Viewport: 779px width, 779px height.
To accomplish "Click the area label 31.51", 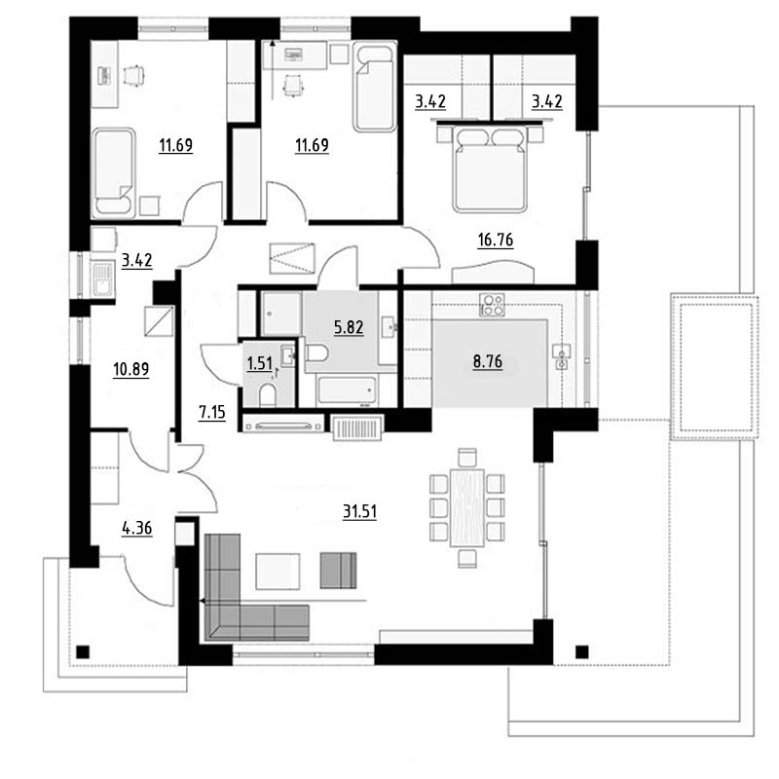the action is [x=359, y=511].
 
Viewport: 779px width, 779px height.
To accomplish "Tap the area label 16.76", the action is [x=496, y=240].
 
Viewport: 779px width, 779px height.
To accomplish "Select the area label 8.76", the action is [x=488, y=361].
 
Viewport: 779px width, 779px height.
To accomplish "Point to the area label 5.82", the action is [x=349, y=327].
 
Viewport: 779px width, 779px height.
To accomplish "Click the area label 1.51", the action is [x=259, y=363].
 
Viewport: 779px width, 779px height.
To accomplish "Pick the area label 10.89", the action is [x=131, y=370].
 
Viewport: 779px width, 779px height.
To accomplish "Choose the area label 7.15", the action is [x=211, y=412].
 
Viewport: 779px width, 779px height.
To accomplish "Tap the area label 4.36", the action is [x=137, y=528].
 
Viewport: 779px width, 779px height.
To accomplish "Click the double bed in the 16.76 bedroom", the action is [x=490, y=167].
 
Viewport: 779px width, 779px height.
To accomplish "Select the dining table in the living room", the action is [x=467, y=507].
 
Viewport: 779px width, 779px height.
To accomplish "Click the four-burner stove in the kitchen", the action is [x=492, y=305].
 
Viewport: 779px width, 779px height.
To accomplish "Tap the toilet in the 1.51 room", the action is [x=268, y=394].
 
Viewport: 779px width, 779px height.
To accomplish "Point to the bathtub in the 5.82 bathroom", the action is [x=347, y=390].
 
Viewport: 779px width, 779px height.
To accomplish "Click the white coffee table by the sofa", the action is [x=278, y=572].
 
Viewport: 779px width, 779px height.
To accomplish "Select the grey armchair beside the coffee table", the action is [x=338, y=571].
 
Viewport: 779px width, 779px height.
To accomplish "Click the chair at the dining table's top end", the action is [x=467, y=457].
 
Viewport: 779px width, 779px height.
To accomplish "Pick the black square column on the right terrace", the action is [x=581, y=651].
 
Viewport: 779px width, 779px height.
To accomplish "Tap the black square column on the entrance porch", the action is [x=83, y=651].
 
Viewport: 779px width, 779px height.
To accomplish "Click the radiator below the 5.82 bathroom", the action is [x=357, y=427].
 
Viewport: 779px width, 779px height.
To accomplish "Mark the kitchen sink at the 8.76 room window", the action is [x=562, y=357].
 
